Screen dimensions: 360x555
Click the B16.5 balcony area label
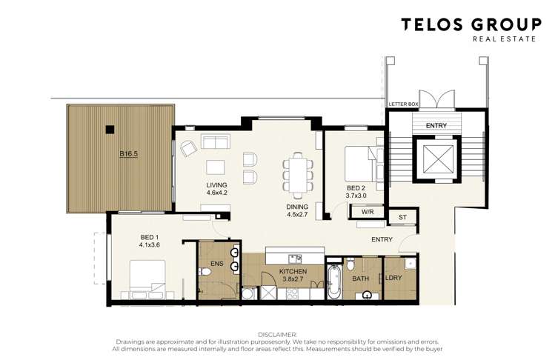pyautogui.click(x=130, y=155)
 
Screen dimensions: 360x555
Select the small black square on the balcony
pyautogui.click(x=110, y=129)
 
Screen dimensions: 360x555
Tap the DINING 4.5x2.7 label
pyautogui.click(x=298, y=211)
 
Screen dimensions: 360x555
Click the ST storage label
pyautogui.click(x=403, y=217)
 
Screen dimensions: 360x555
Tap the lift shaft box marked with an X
pyautogui.click(x=436, y=157)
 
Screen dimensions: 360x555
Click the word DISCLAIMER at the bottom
pyautogui.click(x=276, y=335)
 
